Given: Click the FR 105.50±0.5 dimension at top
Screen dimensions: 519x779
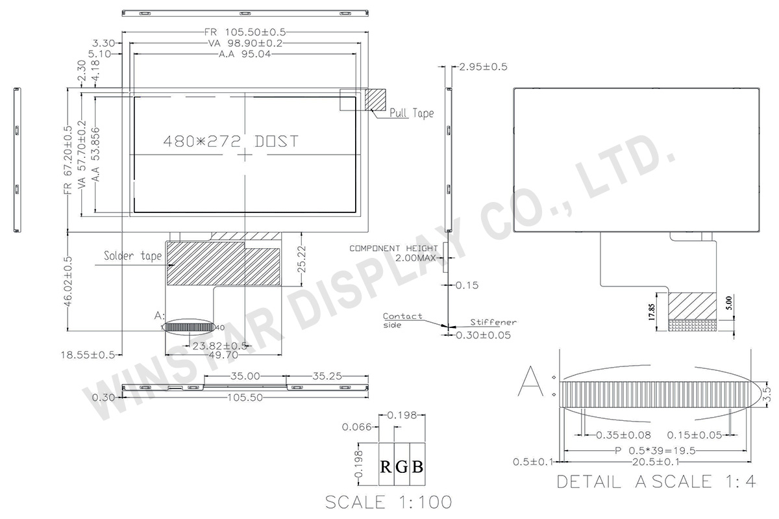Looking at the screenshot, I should [245, 31].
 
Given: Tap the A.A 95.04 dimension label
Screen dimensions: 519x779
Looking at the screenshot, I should [245, 55].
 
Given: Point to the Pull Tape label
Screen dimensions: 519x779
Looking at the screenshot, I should [412, 113].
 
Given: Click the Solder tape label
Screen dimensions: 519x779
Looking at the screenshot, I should [133, 255].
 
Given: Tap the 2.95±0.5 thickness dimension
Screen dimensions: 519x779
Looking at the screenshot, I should [483, 66].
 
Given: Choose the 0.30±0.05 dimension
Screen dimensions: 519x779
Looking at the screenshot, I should [483, 335].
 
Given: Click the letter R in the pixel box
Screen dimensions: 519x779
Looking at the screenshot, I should [386, 466].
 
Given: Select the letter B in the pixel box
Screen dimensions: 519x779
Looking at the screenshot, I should [417, 466].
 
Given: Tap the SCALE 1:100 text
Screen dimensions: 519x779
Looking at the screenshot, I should [388, 502].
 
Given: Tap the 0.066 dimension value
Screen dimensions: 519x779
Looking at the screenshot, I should [358, 427].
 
